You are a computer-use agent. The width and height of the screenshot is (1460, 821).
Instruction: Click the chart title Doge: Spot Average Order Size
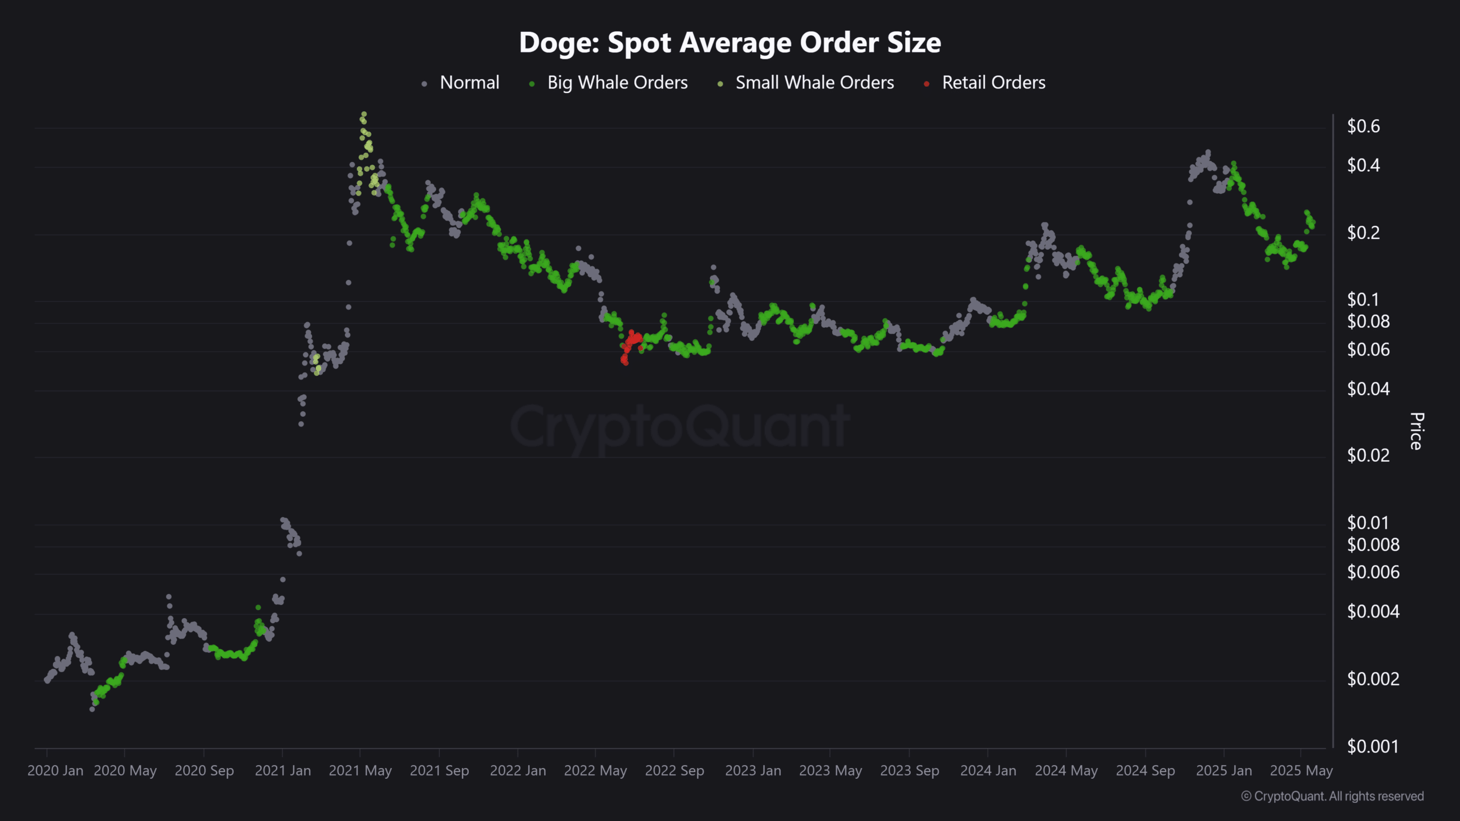pos(729,43)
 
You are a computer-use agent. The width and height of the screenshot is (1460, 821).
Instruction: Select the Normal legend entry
pos(469,83)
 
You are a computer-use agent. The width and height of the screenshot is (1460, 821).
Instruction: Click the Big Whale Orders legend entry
pos(617,83)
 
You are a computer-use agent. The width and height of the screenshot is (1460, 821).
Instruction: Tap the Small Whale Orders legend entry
pos(814,83)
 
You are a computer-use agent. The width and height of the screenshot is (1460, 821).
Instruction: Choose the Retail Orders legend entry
pos(993,83)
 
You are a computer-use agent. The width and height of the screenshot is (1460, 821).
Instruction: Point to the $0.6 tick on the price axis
pos(1363,126)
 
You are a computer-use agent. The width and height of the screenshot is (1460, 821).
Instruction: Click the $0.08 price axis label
pos(1368,322)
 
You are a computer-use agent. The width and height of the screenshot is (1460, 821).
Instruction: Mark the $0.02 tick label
pos(1368,456)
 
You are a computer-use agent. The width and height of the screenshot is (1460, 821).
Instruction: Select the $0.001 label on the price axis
pos(1372,746)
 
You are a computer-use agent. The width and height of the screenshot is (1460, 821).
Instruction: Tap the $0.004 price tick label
pos(1373,612)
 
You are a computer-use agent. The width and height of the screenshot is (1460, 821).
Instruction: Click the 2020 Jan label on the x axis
pos(55,771)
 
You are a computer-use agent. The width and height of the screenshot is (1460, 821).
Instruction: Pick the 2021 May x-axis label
pos(360,771)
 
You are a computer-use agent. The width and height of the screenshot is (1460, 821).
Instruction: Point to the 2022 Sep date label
pos(674,771)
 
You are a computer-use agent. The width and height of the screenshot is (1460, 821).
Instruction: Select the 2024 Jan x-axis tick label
pos(988,771)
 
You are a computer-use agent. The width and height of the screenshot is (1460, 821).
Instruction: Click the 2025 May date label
pos(1301,771)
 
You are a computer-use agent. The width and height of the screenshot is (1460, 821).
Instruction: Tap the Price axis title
pos(1417,431)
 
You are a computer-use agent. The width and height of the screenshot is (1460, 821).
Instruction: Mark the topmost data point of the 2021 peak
pos(363,114)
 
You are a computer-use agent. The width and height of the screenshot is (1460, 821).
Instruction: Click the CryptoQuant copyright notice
pos(1332,796)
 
